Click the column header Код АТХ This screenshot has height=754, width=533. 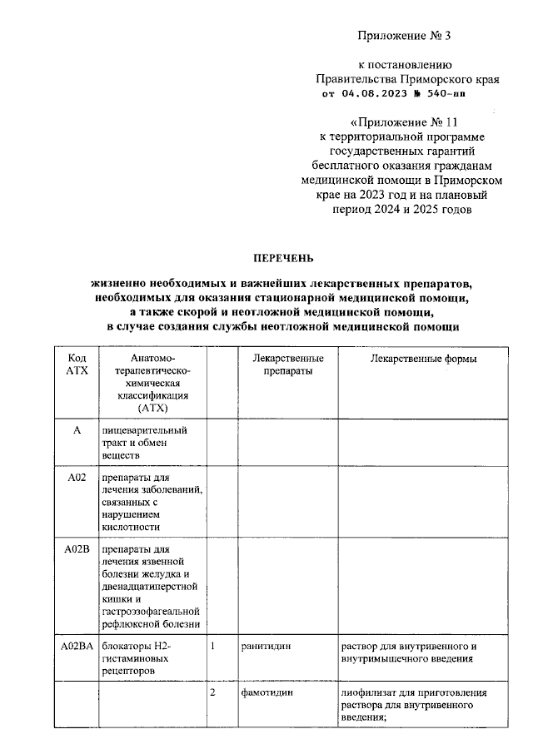pos(76,365)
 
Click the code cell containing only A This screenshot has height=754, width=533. pos(77,430)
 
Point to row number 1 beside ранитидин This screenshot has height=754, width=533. pos(213,646)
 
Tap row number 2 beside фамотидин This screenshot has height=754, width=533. pos(213,693)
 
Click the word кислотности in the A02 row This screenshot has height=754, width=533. pos(130,527)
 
